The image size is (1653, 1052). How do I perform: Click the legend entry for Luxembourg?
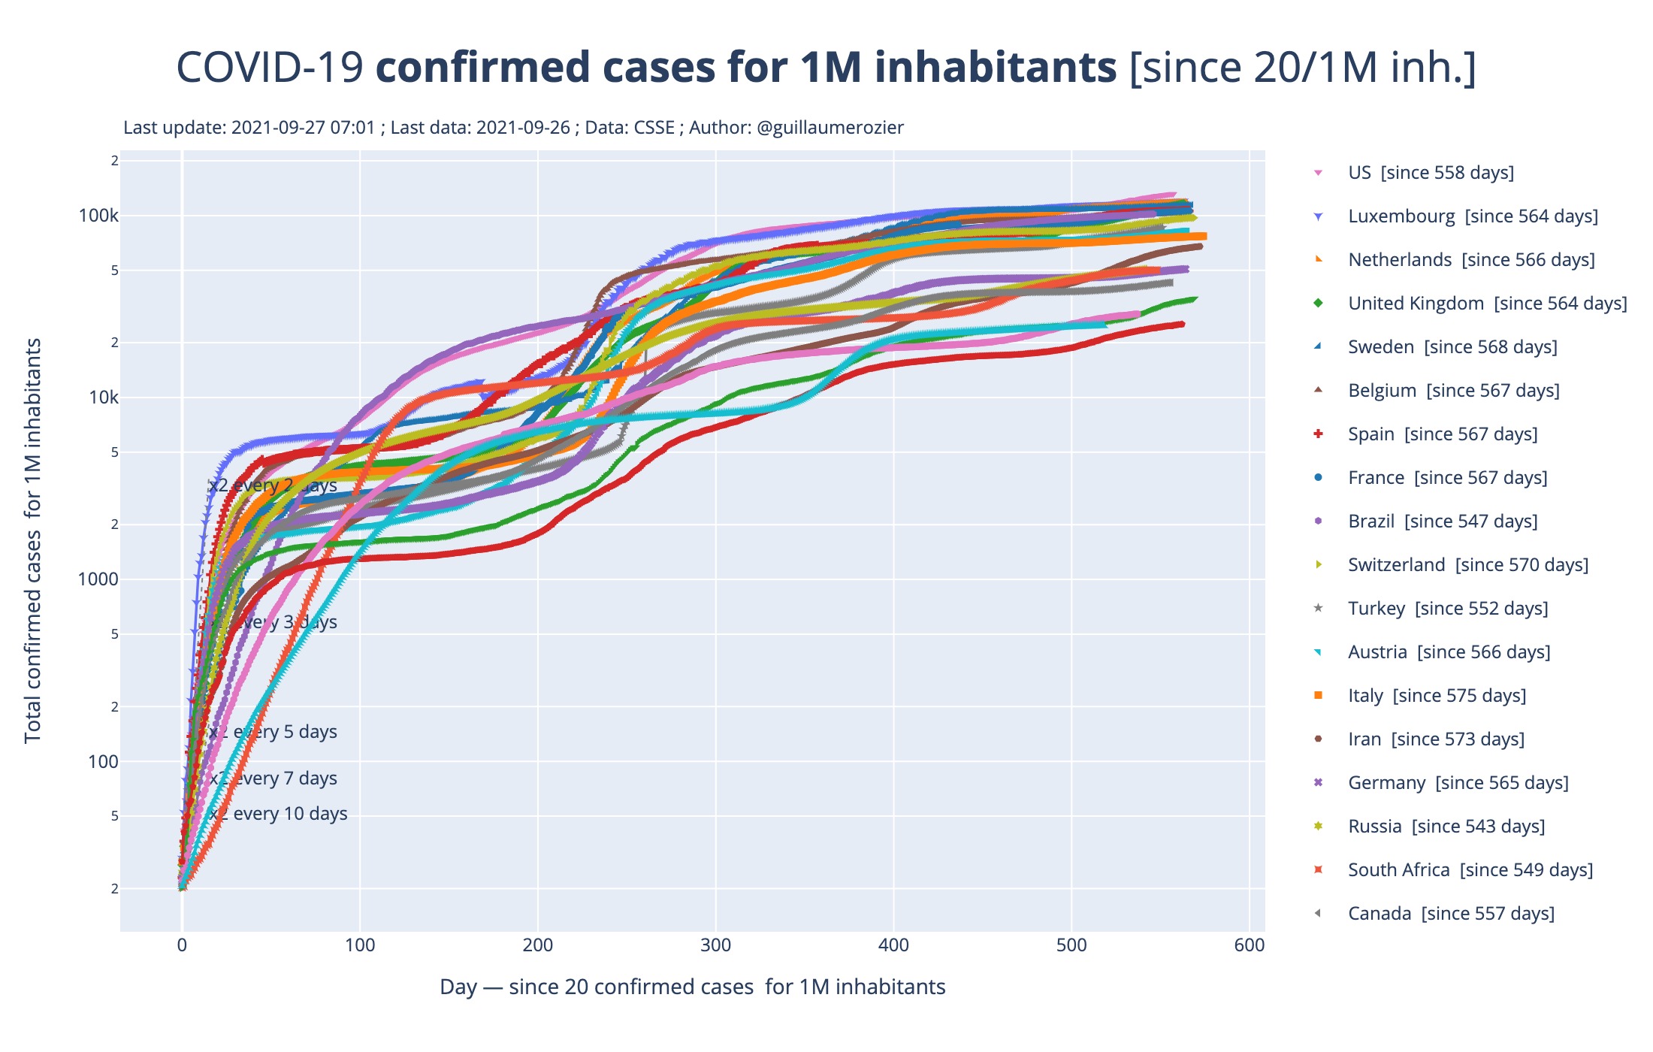click(x=1472, y=216)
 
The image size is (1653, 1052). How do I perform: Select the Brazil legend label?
click(x=1442, y=521)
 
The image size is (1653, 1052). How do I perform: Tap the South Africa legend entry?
click(x=1470, y=870)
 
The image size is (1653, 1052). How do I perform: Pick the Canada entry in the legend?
click(x=1450, y=914)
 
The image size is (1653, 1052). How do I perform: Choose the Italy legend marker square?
click(x=1318, y=696)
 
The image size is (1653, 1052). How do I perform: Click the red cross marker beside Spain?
click(x=1318, y=434)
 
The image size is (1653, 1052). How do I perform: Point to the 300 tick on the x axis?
click(x=715, y=945)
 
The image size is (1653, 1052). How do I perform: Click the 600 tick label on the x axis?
click(x=1249, y=945)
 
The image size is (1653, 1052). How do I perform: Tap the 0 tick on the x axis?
click(x=182, y=945)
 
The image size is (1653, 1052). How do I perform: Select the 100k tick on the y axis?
click(x=98, y=216)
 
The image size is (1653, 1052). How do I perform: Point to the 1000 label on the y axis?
click(x=98, y=579)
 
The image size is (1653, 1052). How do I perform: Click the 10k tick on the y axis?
click(x=103, y=398)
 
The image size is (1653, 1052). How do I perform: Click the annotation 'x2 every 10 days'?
click(x=278, y=814)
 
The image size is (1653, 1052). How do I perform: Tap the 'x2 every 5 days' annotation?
click(x=273, y=732)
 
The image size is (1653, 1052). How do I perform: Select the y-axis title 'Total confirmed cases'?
click(x=32, y=541)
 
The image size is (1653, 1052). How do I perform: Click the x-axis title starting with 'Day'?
click(x=692, y=987)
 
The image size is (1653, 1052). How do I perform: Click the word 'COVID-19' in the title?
click(x=270, y=68)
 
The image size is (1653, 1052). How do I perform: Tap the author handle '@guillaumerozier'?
click(x=830, y=128)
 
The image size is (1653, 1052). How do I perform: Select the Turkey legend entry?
click(x=1447, y=609)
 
